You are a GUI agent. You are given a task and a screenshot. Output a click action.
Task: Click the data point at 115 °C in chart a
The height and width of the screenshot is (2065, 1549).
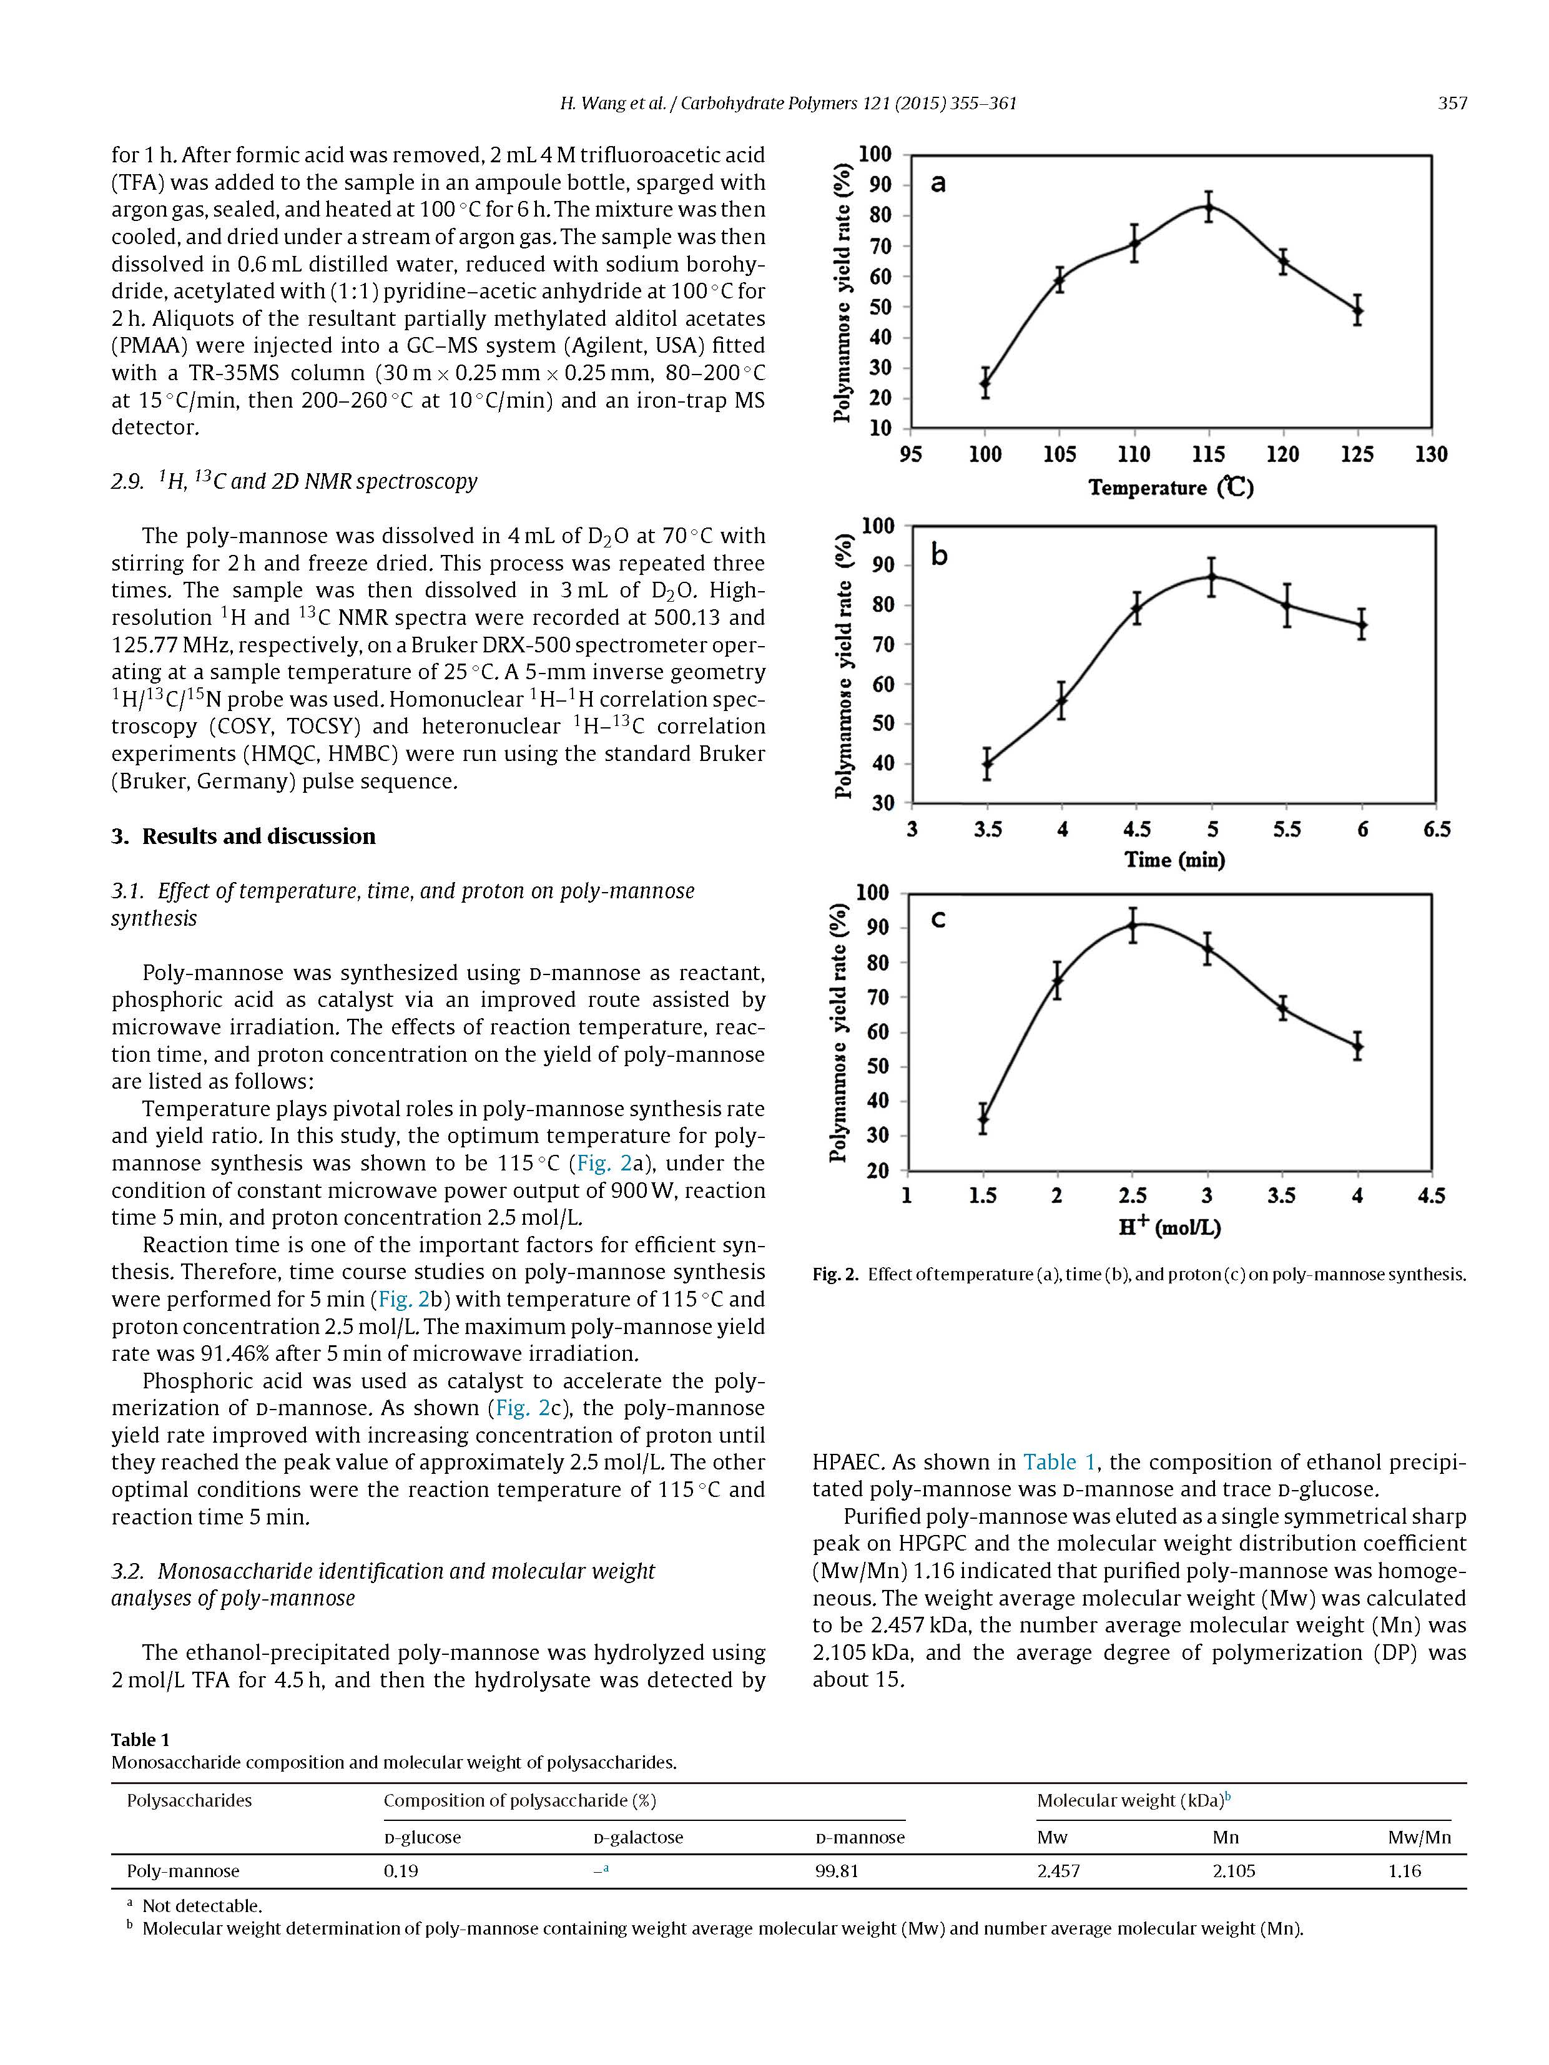1208,207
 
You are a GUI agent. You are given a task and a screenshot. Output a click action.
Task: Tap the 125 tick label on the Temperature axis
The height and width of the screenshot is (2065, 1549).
1357,454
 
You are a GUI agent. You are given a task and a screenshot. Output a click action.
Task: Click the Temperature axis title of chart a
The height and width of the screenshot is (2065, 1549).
1171,488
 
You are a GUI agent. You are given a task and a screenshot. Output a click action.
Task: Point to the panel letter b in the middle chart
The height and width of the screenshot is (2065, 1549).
939,556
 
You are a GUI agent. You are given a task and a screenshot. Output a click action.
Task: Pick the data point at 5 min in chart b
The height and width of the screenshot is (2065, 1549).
1212,577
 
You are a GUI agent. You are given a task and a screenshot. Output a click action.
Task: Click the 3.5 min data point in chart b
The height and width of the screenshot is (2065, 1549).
987,763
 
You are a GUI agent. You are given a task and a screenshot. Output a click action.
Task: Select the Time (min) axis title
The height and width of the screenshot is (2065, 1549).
1174,859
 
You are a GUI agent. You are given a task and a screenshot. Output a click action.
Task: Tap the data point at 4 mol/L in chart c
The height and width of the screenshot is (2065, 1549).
1357,1047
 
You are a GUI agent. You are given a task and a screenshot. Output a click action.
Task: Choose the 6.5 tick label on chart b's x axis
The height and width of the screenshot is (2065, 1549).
1436,829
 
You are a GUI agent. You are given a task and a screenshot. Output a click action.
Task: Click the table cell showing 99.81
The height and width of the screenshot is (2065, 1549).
837,1871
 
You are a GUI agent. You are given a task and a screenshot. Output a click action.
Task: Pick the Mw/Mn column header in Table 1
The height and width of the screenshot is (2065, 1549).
1419,1837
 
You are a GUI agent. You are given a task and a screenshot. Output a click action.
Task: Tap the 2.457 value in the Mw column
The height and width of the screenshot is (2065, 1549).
1058,1871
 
